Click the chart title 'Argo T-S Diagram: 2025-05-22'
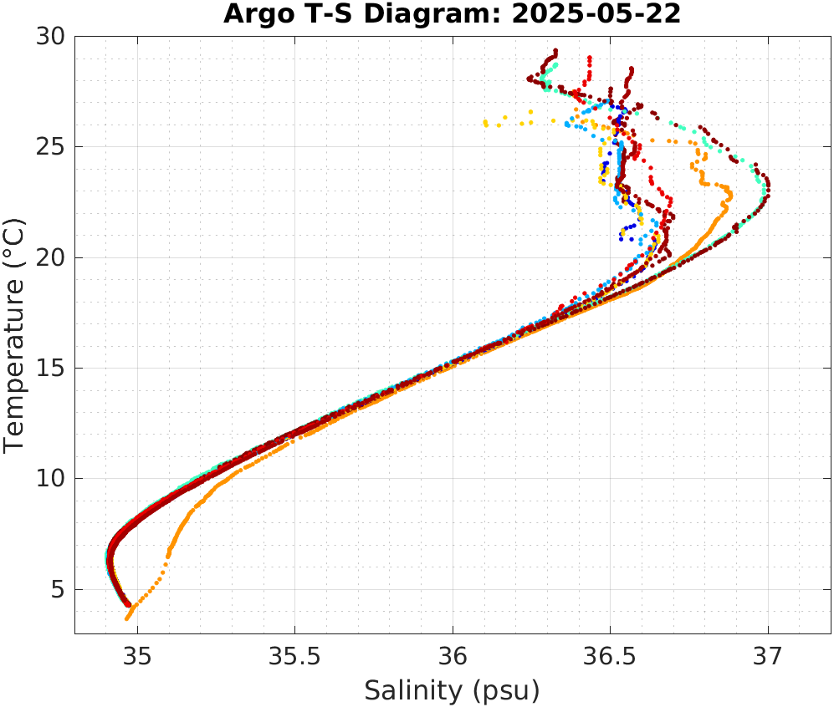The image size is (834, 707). tap(452, 14)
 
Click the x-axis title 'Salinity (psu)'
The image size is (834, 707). tap(452, 690)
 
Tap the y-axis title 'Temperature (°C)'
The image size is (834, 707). tap(14, 334)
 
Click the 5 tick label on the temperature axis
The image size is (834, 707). tap(57, 590)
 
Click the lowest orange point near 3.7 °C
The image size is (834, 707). tap(127, 618)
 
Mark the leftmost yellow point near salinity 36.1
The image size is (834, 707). tap(485, 124)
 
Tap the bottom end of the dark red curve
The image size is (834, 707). tap(128, 603)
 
